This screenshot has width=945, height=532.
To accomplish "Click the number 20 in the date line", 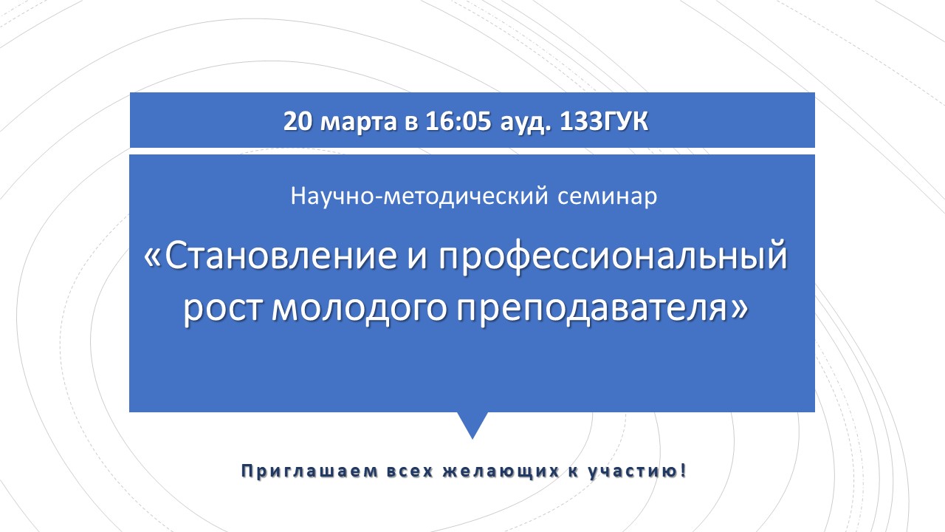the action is click(298, 122).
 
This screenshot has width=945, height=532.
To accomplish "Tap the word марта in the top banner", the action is click(359, 123).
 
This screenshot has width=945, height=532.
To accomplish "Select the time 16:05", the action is click(458, 122).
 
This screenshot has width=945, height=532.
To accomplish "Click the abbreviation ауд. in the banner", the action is click(526, 123).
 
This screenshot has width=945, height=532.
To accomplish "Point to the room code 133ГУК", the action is click(604, 122).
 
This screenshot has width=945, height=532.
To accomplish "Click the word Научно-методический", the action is click(419, 197).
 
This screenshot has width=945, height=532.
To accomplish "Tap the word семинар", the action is click(607, 197).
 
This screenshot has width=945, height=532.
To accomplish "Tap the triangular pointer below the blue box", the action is click(472, 423).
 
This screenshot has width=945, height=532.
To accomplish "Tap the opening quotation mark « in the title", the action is click(153, 259).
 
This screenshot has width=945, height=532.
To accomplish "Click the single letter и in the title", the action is click(418, 259).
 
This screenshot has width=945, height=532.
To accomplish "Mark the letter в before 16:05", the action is click(411, 123).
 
